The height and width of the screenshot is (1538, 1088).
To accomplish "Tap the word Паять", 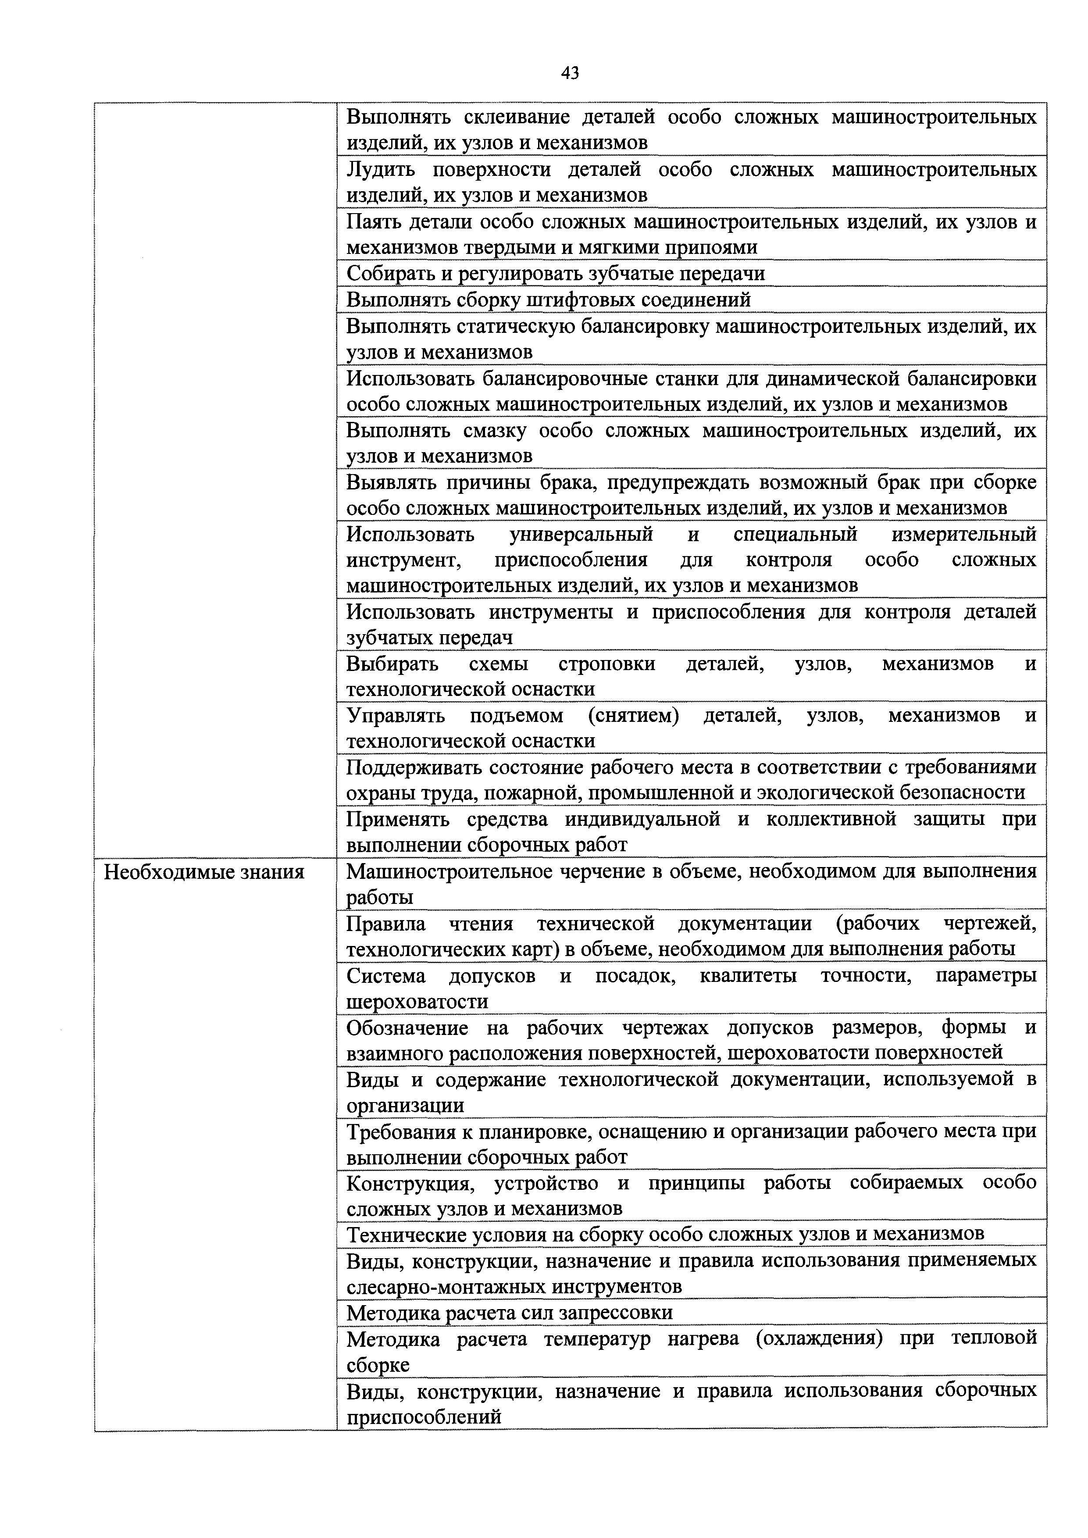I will (373, 222).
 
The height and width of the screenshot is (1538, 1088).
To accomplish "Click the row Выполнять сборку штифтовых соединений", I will (548, 300).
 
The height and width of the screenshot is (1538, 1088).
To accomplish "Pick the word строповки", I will (606, 664).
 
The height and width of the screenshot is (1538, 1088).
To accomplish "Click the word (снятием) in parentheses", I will (633, 716).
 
